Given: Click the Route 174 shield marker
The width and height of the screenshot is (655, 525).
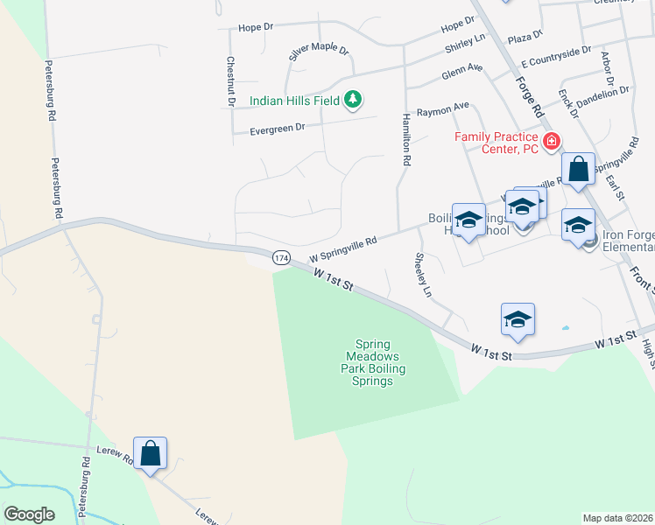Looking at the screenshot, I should [280, 258].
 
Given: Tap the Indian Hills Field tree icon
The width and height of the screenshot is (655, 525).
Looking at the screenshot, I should [353, 101].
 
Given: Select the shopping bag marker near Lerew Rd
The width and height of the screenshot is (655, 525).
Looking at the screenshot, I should [150, 454].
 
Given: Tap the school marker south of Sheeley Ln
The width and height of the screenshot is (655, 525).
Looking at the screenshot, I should [518, 320].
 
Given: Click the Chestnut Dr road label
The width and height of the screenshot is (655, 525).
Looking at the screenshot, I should [230, 81].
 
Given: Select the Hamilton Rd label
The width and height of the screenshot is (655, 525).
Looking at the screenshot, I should [406, 140].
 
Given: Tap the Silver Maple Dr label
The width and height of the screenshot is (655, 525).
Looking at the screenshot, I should [319, 53].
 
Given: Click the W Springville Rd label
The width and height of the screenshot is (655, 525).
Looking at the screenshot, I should [343, 248].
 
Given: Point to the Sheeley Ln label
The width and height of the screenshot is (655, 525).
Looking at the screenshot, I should [423, 274].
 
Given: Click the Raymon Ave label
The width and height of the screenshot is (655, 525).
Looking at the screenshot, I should [442, 111].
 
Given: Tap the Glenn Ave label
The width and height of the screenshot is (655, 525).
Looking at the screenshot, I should [462, 71].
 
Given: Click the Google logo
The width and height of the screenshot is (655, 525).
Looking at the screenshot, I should [29, 514].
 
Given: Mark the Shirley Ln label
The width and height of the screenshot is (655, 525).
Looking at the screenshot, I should [465, 41].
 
